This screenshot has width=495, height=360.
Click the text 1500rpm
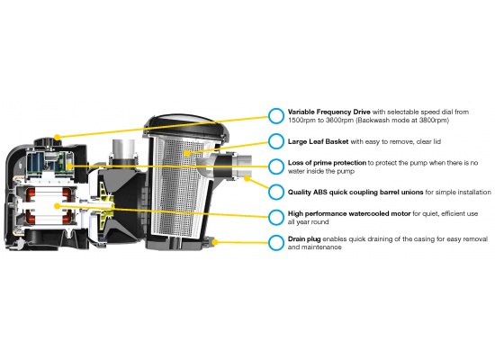coord(306,121)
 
